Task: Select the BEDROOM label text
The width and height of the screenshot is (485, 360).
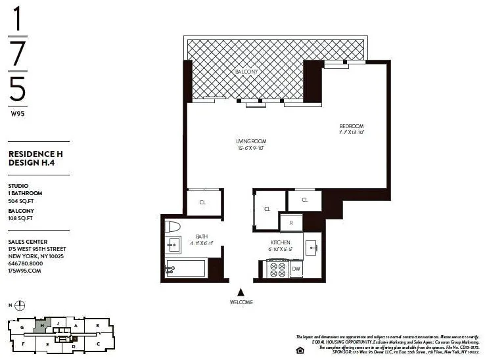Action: click(351, 126)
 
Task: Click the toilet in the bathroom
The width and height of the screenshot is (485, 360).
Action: click(174, 227)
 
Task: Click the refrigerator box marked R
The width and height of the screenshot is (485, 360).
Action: click(290, 223)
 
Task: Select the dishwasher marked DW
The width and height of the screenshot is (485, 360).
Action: click(296, 269)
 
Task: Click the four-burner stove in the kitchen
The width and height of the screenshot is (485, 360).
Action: click(277, 269)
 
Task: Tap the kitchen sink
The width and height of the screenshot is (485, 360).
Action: click(312, 248)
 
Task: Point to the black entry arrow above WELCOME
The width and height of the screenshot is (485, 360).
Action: click(241, 292)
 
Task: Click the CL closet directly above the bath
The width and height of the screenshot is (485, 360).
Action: click(203, 203)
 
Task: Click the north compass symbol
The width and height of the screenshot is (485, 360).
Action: click(20, 305)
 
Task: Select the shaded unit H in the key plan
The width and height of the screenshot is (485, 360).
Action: click(43, 325)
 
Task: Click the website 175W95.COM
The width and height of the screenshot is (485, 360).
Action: click(25, 270)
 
